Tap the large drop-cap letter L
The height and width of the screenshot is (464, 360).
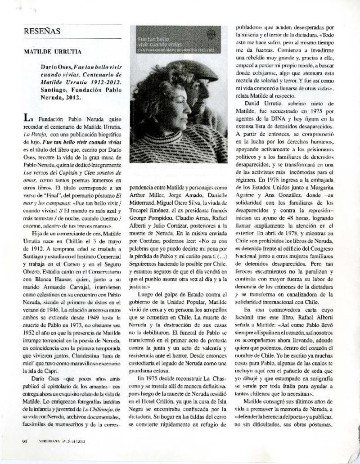tap(27, 118)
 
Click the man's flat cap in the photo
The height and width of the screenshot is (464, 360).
tap(194, 70)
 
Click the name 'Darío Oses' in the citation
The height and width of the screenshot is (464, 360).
tap(56, 66)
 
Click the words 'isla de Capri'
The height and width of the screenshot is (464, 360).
tap(40, 371)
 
